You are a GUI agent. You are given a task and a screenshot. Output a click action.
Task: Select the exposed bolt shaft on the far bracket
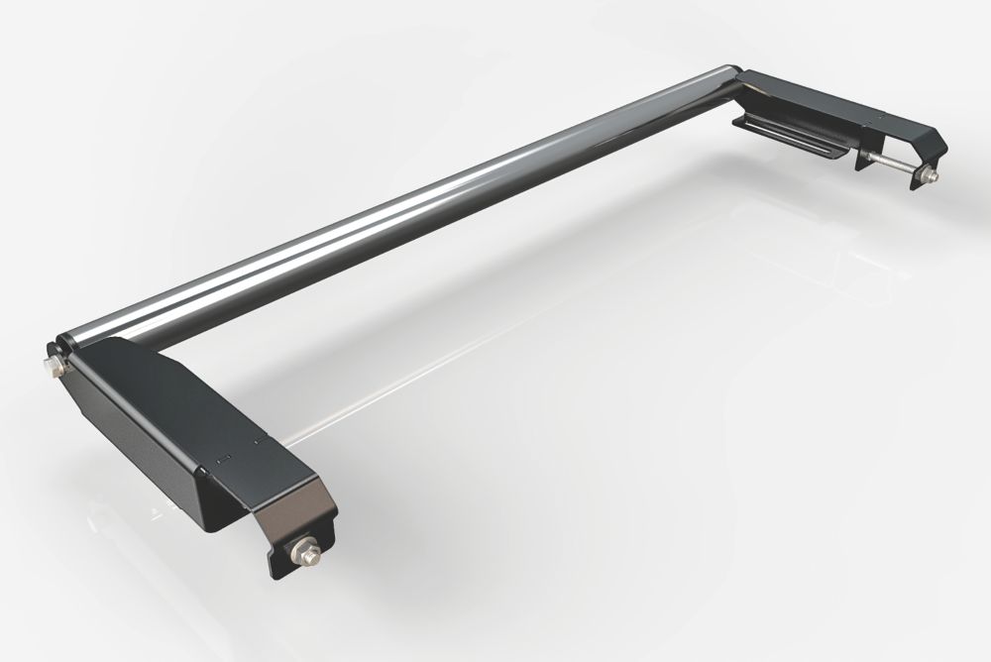(897, 166)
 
